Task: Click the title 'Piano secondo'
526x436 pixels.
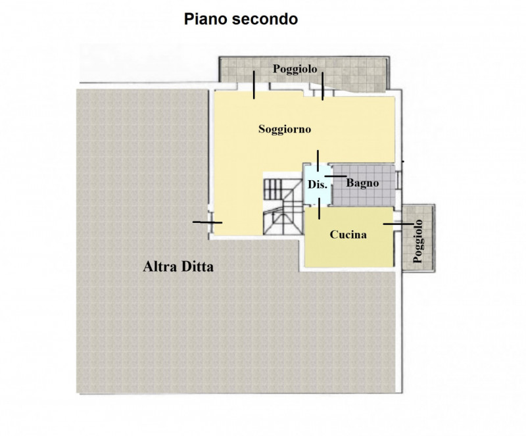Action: click(240, 20)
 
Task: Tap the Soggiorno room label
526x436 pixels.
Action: click(284, 129)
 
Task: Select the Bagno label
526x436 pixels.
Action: click(362, 183)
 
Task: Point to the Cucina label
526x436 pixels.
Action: click(348, 234)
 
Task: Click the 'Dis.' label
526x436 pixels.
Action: click(318, 185)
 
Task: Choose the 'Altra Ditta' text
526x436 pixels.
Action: click(179, 268)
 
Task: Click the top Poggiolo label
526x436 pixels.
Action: click(296, 70)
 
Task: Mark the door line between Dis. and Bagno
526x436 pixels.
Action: click(335, 176)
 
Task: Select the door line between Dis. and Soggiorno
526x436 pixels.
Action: click(318, 160)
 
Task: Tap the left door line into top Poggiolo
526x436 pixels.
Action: click(254, 85)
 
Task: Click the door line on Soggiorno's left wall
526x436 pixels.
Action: click(208, 222)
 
